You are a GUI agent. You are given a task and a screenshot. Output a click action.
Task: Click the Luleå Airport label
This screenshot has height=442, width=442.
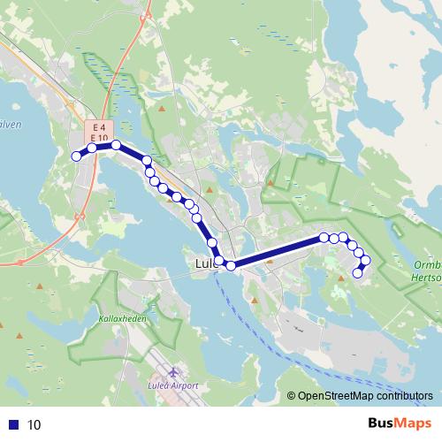(x=173, y=386)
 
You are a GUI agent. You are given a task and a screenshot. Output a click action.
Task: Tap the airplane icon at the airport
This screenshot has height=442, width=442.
(x=173, y=372)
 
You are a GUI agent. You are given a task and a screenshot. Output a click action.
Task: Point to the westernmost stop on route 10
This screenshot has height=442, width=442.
(x=75, y=156)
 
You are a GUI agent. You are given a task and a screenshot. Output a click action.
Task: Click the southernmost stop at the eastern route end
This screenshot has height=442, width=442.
(x=358, y=273)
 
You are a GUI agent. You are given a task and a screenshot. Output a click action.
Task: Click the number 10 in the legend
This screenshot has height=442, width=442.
(x=34, y=424)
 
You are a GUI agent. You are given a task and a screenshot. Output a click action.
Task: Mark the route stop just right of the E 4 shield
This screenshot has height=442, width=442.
(x=116, y=144)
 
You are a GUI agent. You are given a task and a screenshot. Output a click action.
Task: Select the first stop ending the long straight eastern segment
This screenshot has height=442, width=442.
(x=324, y=237)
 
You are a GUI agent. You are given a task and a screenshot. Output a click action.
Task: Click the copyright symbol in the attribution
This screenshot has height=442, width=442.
(x=291, y=396)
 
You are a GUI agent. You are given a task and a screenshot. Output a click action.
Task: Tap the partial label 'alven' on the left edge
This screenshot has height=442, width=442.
(x=11, y=125)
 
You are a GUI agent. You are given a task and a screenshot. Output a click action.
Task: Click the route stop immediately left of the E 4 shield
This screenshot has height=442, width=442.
(x=91, y=148)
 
